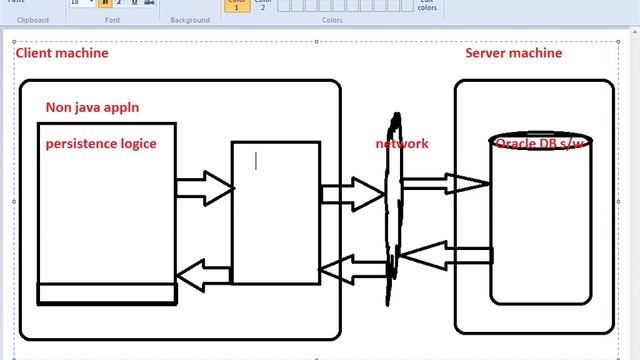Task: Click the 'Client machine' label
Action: point(61,52)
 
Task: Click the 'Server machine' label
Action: point(513,52)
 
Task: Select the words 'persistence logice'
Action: point(100,143)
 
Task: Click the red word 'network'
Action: point(402,143)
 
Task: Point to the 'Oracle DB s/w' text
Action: point(541,144)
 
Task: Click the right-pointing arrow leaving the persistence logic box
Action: point(204,187)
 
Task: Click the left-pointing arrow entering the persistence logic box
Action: point(203,271)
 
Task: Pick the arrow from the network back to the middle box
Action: point(352,267)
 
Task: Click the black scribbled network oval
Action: point(392,210)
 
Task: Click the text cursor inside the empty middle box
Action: point(256,160)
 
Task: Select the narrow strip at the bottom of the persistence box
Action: point(107,293)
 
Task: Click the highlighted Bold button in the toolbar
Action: point(105,3)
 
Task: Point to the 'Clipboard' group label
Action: point(33,19)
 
